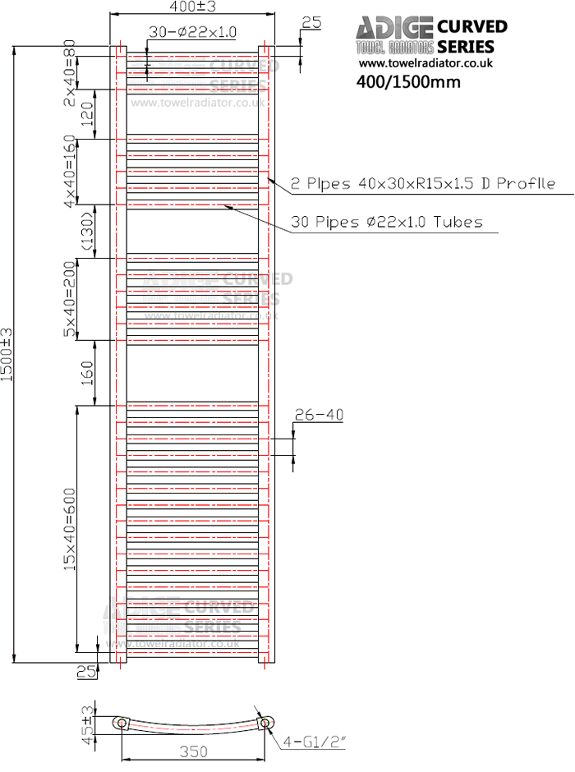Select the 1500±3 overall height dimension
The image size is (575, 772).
(x=7, y=354)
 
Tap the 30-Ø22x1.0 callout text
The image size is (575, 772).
(x=192, y=32)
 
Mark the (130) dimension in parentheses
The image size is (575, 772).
(x=87, y=232)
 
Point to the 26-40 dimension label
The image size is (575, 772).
(x=318, y=416)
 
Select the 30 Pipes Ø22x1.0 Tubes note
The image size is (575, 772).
(x=386, y=223)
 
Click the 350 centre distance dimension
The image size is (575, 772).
(x=193, y=751)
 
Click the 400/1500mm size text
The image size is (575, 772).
(x=408, y=82)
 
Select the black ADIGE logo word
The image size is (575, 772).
(x=394, y=30)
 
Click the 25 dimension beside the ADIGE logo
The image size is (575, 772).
(x=311, y=23)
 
